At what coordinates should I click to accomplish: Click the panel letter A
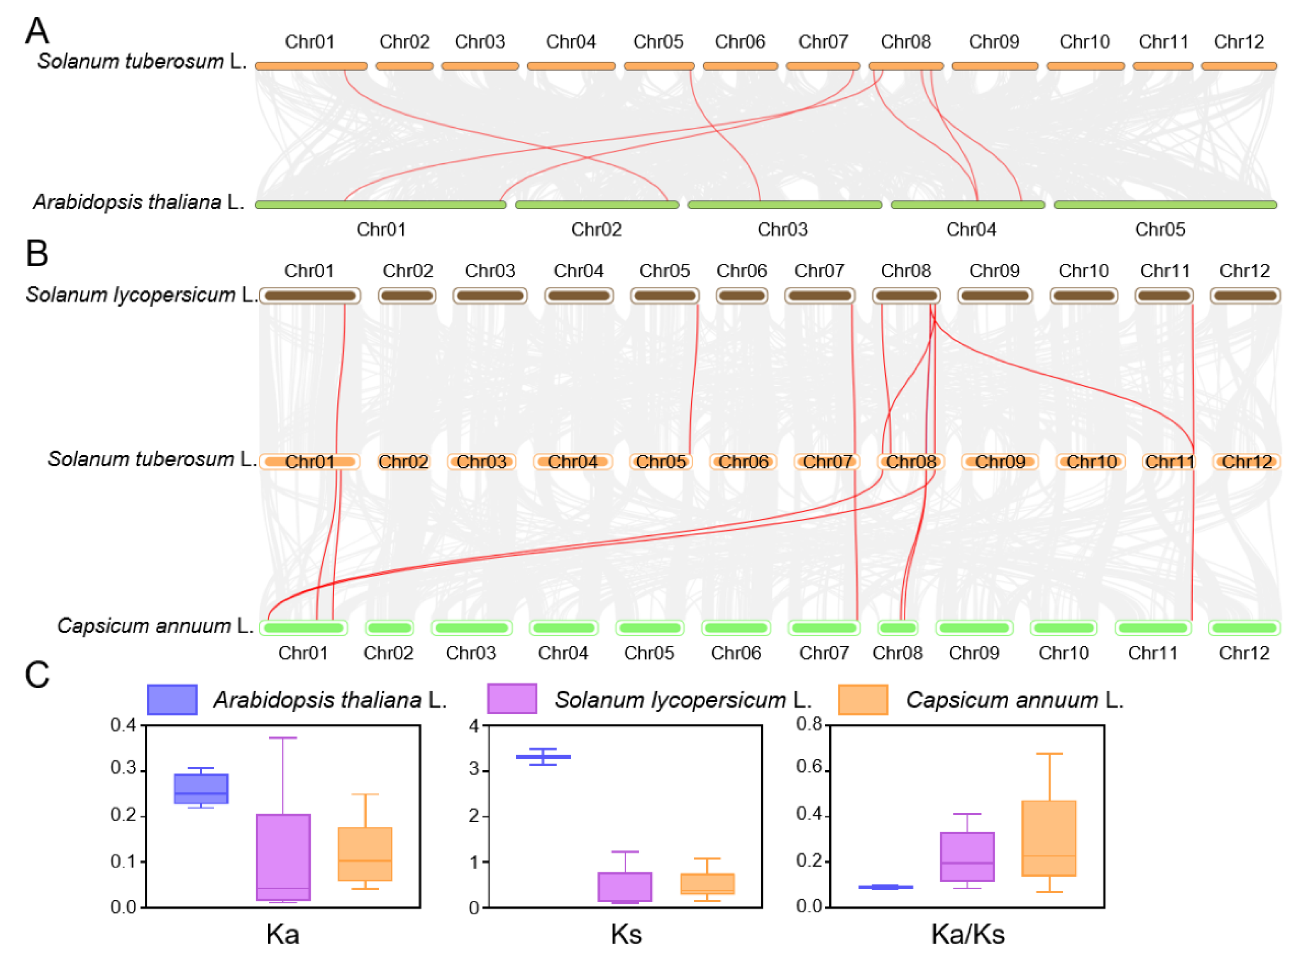(37, 30)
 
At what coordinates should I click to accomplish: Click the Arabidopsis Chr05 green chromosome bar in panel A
(1165, 204)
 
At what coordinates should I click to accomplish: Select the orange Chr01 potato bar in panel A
(311, 66)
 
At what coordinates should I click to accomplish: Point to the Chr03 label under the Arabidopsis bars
(782, 229)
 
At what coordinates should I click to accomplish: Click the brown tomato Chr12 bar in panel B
(1245, 296)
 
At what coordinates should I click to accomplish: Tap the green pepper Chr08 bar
(897, 628)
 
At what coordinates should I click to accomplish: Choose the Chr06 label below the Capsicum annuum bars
(736, 653)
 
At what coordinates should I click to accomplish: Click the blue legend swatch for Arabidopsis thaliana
(172, 699)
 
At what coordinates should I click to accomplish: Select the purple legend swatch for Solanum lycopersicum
(512, 699)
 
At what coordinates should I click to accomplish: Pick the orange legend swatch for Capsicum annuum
(863, 699)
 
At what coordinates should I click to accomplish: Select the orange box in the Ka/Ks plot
(1049, 839)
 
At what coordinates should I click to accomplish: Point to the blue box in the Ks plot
(543, 756)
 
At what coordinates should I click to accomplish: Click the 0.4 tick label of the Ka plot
(123, 725)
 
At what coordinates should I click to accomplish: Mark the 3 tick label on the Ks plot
(474, 770)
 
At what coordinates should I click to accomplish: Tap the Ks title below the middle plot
(626, 934)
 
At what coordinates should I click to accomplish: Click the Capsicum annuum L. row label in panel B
(155, 626)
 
